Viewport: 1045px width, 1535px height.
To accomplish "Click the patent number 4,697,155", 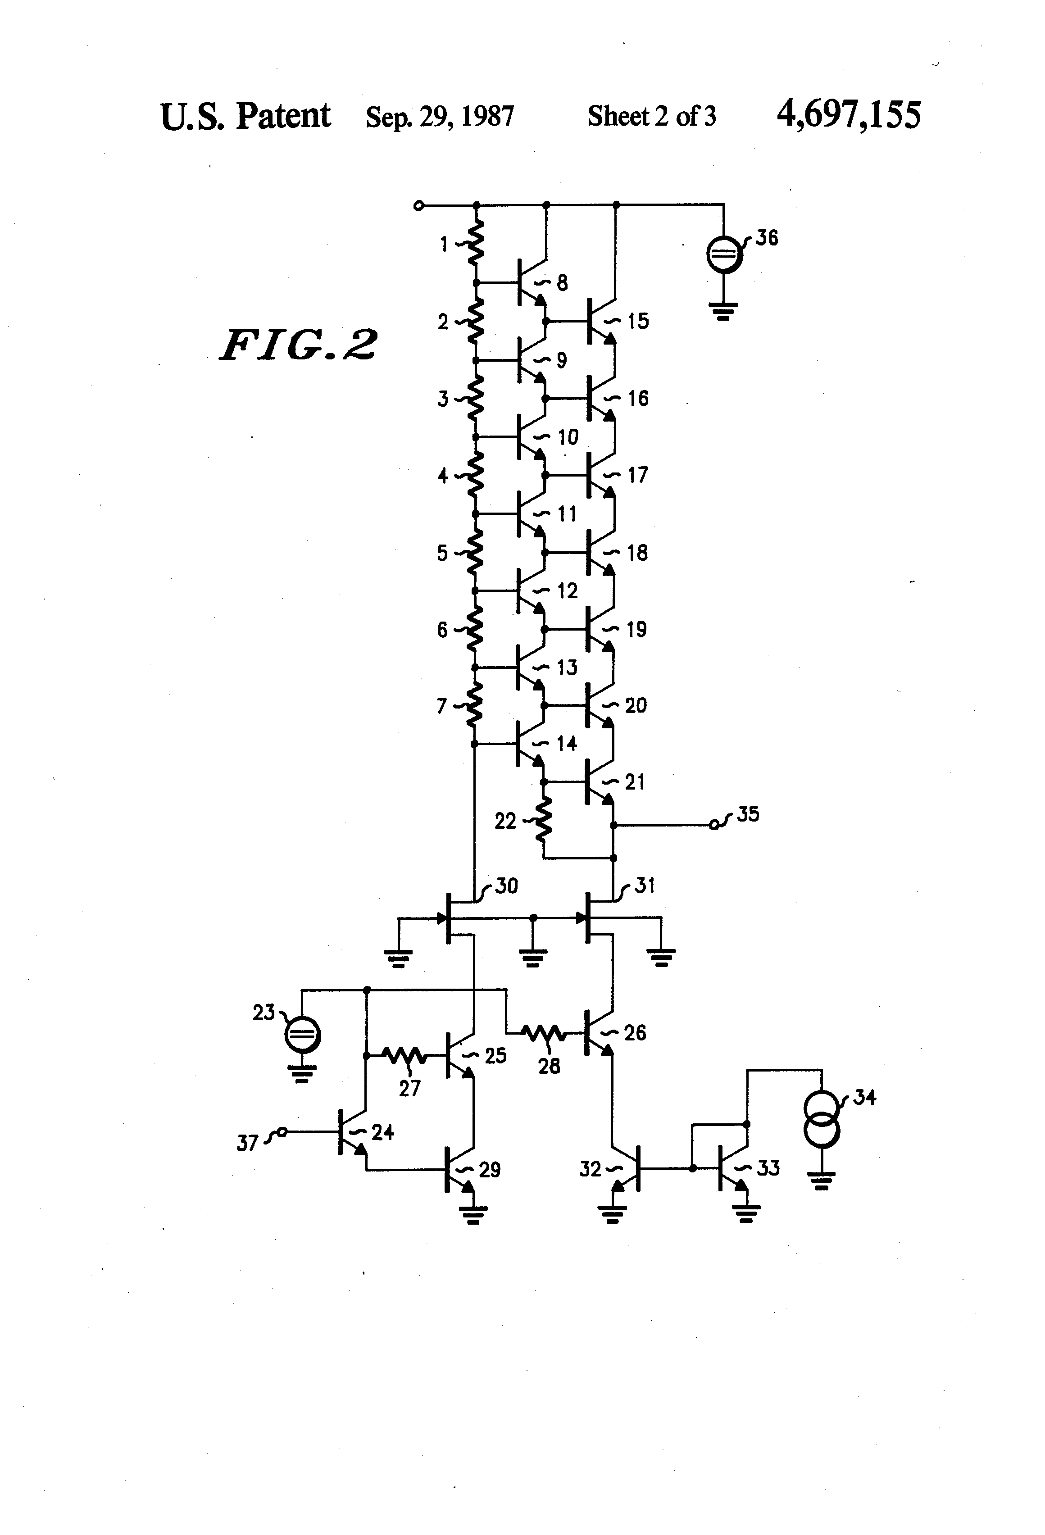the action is coord(848,115).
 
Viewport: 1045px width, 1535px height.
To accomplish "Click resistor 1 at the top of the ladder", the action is coord(476,242).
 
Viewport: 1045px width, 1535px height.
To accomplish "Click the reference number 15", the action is coord(638,322).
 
